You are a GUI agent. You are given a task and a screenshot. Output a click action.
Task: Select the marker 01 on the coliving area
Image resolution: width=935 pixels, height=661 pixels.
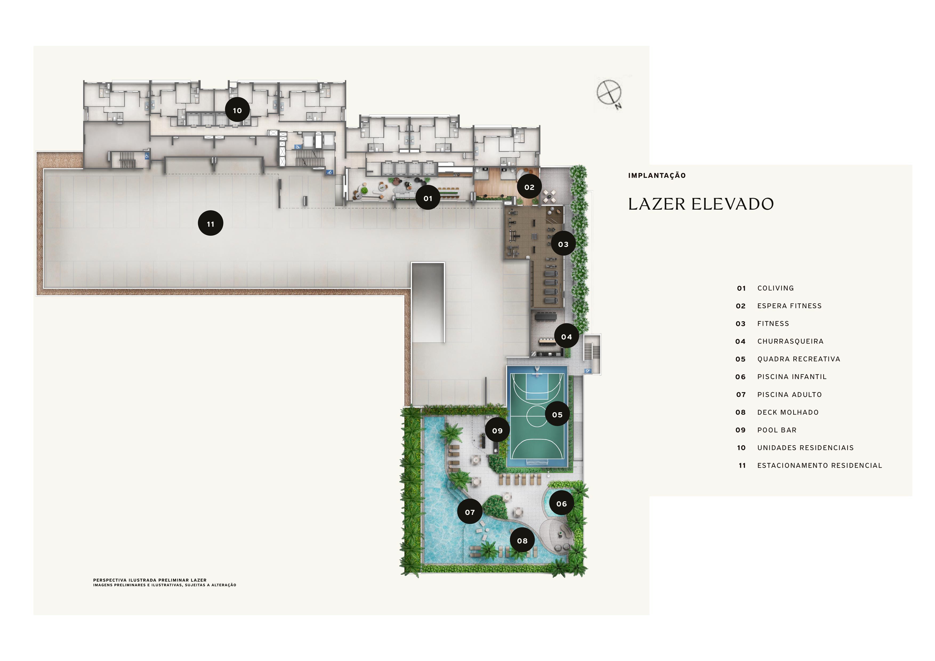coord(428,198)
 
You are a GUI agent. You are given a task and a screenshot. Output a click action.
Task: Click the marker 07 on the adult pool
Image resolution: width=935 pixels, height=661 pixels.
coord(470,512)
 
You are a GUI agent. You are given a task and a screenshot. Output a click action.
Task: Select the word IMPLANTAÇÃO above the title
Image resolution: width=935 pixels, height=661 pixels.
coord(656,176)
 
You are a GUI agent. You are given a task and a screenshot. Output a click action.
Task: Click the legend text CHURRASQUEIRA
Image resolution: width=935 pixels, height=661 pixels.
coord(790,341)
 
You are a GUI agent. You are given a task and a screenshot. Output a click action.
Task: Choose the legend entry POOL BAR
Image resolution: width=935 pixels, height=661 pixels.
coord(777,430)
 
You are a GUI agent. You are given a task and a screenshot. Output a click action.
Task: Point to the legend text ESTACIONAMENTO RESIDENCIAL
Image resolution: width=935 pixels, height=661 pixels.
coord(819,466)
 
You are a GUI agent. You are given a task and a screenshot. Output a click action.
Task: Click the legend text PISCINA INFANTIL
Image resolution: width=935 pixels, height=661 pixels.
coord(792,377)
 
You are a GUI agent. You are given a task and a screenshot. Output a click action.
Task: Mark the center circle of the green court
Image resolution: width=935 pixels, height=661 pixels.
coord(537,416)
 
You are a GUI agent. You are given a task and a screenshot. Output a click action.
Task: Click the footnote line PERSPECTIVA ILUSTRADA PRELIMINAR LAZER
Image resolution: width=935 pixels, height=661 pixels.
coord(150,580)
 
